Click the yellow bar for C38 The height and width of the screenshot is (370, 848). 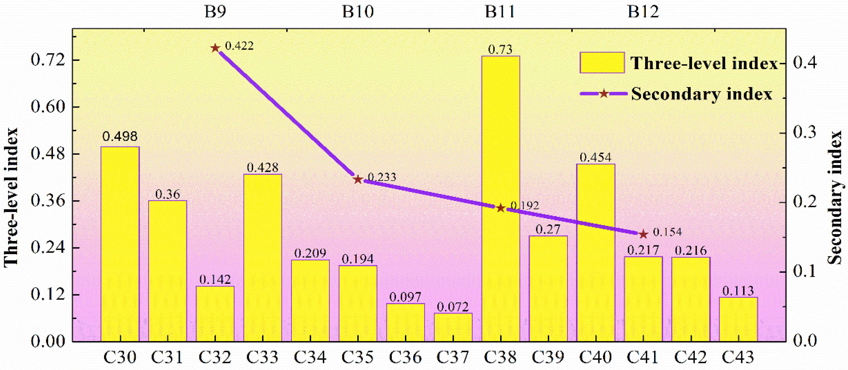(x=500, y=198)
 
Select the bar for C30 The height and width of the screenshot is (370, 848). (x=120, y=244)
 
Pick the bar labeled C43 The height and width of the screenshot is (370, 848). (x=738, y=319)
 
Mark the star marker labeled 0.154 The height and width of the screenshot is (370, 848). (x=643, y=234)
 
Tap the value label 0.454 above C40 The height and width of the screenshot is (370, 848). (x=595, y=157)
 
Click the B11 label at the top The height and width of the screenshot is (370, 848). (x=500, y=12)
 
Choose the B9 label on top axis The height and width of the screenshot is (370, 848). (x=215, y=12)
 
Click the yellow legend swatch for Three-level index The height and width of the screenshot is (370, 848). (x=602, y=62)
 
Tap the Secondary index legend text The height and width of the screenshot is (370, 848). (x=701, y=94)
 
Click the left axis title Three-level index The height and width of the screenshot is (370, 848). (x=11, y=198)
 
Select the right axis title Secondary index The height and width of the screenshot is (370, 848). (x=835, y=198)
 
